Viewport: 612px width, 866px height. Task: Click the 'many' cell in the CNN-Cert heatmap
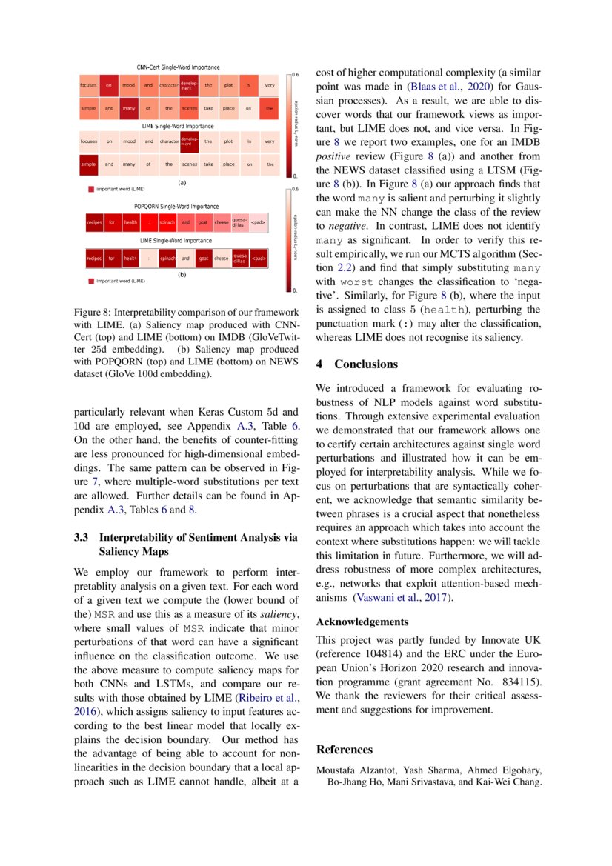point(129,108)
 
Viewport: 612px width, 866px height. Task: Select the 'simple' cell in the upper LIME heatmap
point(88,164)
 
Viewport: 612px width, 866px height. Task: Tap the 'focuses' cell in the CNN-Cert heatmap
point(88,86)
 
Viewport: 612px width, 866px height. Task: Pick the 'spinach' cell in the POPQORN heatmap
point(167,222)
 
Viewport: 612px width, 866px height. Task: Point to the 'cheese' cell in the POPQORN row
point(222,222)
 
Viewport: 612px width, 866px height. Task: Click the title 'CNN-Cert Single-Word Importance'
point(178,68)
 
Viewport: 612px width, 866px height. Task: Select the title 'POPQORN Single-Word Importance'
point(176,206)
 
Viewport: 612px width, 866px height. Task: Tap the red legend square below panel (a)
point(91,190)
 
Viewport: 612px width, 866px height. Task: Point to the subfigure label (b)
point(182,275)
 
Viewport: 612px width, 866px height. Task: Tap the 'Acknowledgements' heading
point(362,622)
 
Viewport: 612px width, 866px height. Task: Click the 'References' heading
point(345,750)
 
